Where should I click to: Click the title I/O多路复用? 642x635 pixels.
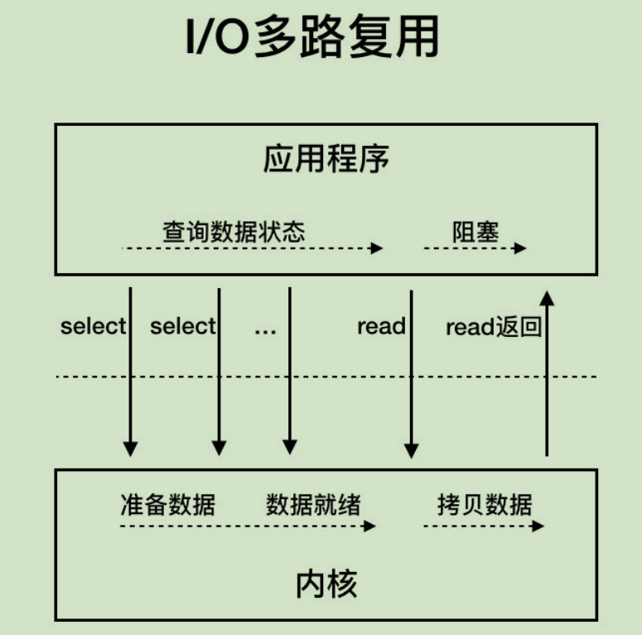(311, 37)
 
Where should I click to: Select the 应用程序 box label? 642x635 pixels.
(326, 159)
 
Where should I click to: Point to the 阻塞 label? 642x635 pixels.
(475, 231)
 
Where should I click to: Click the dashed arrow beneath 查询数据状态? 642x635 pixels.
(252, 248)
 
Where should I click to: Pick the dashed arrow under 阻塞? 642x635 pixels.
(475, 248)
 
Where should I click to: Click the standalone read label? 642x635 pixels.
(381, 326)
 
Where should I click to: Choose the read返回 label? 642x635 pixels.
(494, 327)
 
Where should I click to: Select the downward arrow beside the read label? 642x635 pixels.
(412, 373)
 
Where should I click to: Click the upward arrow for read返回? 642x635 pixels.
(547, 373)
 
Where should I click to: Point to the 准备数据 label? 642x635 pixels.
(167, 504)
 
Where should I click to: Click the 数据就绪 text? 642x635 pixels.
(313, 504)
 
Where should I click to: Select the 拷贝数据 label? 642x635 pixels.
(485, 504)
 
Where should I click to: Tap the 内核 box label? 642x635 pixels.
(326, 584)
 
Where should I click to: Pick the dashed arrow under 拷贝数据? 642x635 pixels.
(484, 525)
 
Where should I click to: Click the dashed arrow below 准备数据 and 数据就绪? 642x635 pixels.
(248, 525)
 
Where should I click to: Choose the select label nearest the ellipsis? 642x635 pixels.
(183, 326)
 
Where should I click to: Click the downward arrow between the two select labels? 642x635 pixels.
(130, 373)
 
